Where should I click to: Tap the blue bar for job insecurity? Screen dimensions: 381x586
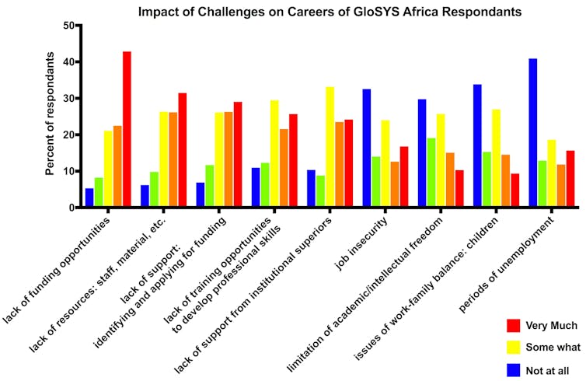click(367, 148)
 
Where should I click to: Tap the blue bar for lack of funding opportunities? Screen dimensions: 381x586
click(89, 197)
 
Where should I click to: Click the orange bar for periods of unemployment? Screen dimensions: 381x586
click(561, 186)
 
